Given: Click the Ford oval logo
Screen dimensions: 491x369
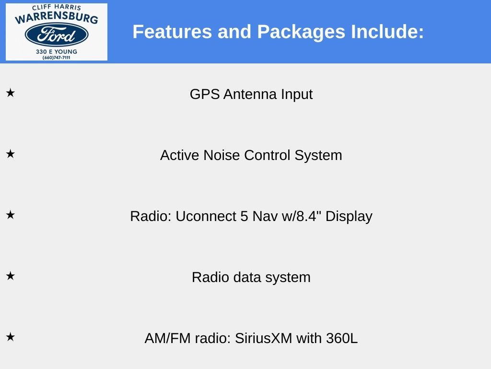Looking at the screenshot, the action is coord(57,35).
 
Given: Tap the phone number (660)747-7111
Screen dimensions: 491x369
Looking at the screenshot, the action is coord(57,58).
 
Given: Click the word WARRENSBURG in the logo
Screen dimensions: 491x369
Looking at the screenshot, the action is coord(57,17).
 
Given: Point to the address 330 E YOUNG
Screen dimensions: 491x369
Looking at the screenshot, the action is coord(57,51).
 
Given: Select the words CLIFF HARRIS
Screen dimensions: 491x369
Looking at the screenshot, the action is coord(57,7).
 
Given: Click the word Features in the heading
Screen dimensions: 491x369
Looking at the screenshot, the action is coord(172,32).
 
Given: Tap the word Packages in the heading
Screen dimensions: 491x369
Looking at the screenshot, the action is coord(301,32).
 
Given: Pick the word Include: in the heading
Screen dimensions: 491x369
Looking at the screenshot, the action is coord(387,32).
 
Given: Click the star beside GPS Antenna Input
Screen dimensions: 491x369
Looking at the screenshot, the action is coord(11,93).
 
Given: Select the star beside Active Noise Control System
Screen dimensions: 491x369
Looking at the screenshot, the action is coord(11,154).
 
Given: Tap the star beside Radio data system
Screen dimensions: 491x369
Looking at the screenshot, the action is coord(11,276).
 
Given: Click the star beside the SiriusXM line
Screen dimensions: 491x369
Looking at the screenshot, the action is coord(11,337).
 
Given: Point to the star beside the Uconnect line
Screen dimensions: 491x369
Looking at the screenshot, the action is coord(11,215).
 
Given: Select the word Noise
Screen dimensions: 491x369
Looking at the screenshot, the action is coord(222,155).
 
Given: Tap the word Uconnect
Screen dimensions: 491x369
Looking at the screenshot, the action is coord(206,216).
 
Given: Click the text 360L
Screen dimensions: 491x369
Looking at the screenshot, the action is coord(341,338).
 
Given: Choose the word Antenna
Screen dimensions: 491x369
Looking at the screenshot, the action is coord(250,94).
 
